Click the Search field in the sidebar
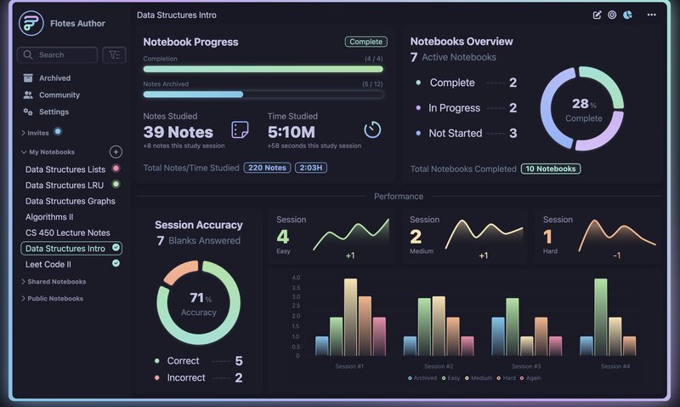pos(58,54)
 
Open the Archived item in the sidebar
pos(54,78)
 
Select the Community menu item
pos(59,95)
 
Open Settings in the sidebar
pos(54,112)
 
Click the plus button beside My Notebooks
pos(116,152)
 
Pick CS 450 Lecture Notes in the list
pos(67,232)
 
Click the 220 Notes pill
pos(266,168)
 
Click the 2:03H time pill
pos(310,168)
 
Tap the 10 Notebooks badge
pos(550,169)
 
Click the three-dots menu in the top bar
pos(651,14)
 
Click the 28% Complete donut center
pos(583,109)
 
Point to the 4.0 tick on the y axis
pos(296,278)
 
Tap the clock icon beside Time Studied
pos(372,129)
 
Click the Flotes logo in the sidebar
pos(31,23)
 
